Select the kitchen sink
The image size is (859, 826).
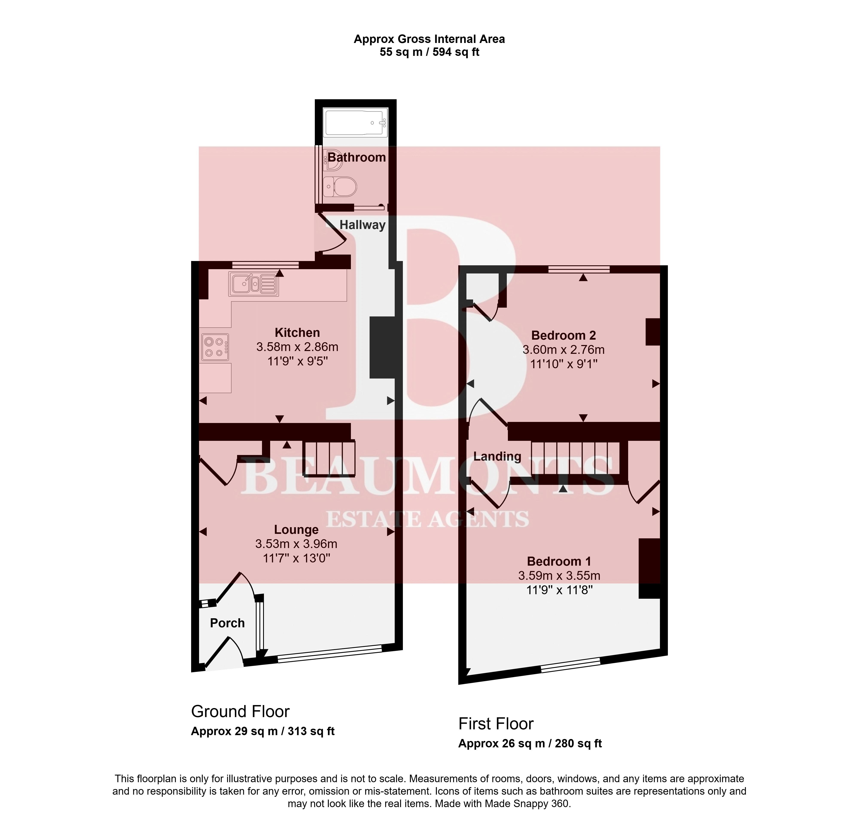pyautogui.click(x=253, y=284)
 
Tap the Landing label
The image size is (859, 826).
pyautogui.click(x=497, y=457)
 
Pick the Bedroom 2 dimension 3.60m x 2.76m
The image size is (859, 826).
pyautogui.click(x=564, y=350)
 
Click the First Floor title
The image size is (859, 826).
pyautogui.click(x=496, y=723)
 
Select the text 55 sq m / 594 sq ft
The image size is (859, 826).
pyautogui.click(x=429, y=52)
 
